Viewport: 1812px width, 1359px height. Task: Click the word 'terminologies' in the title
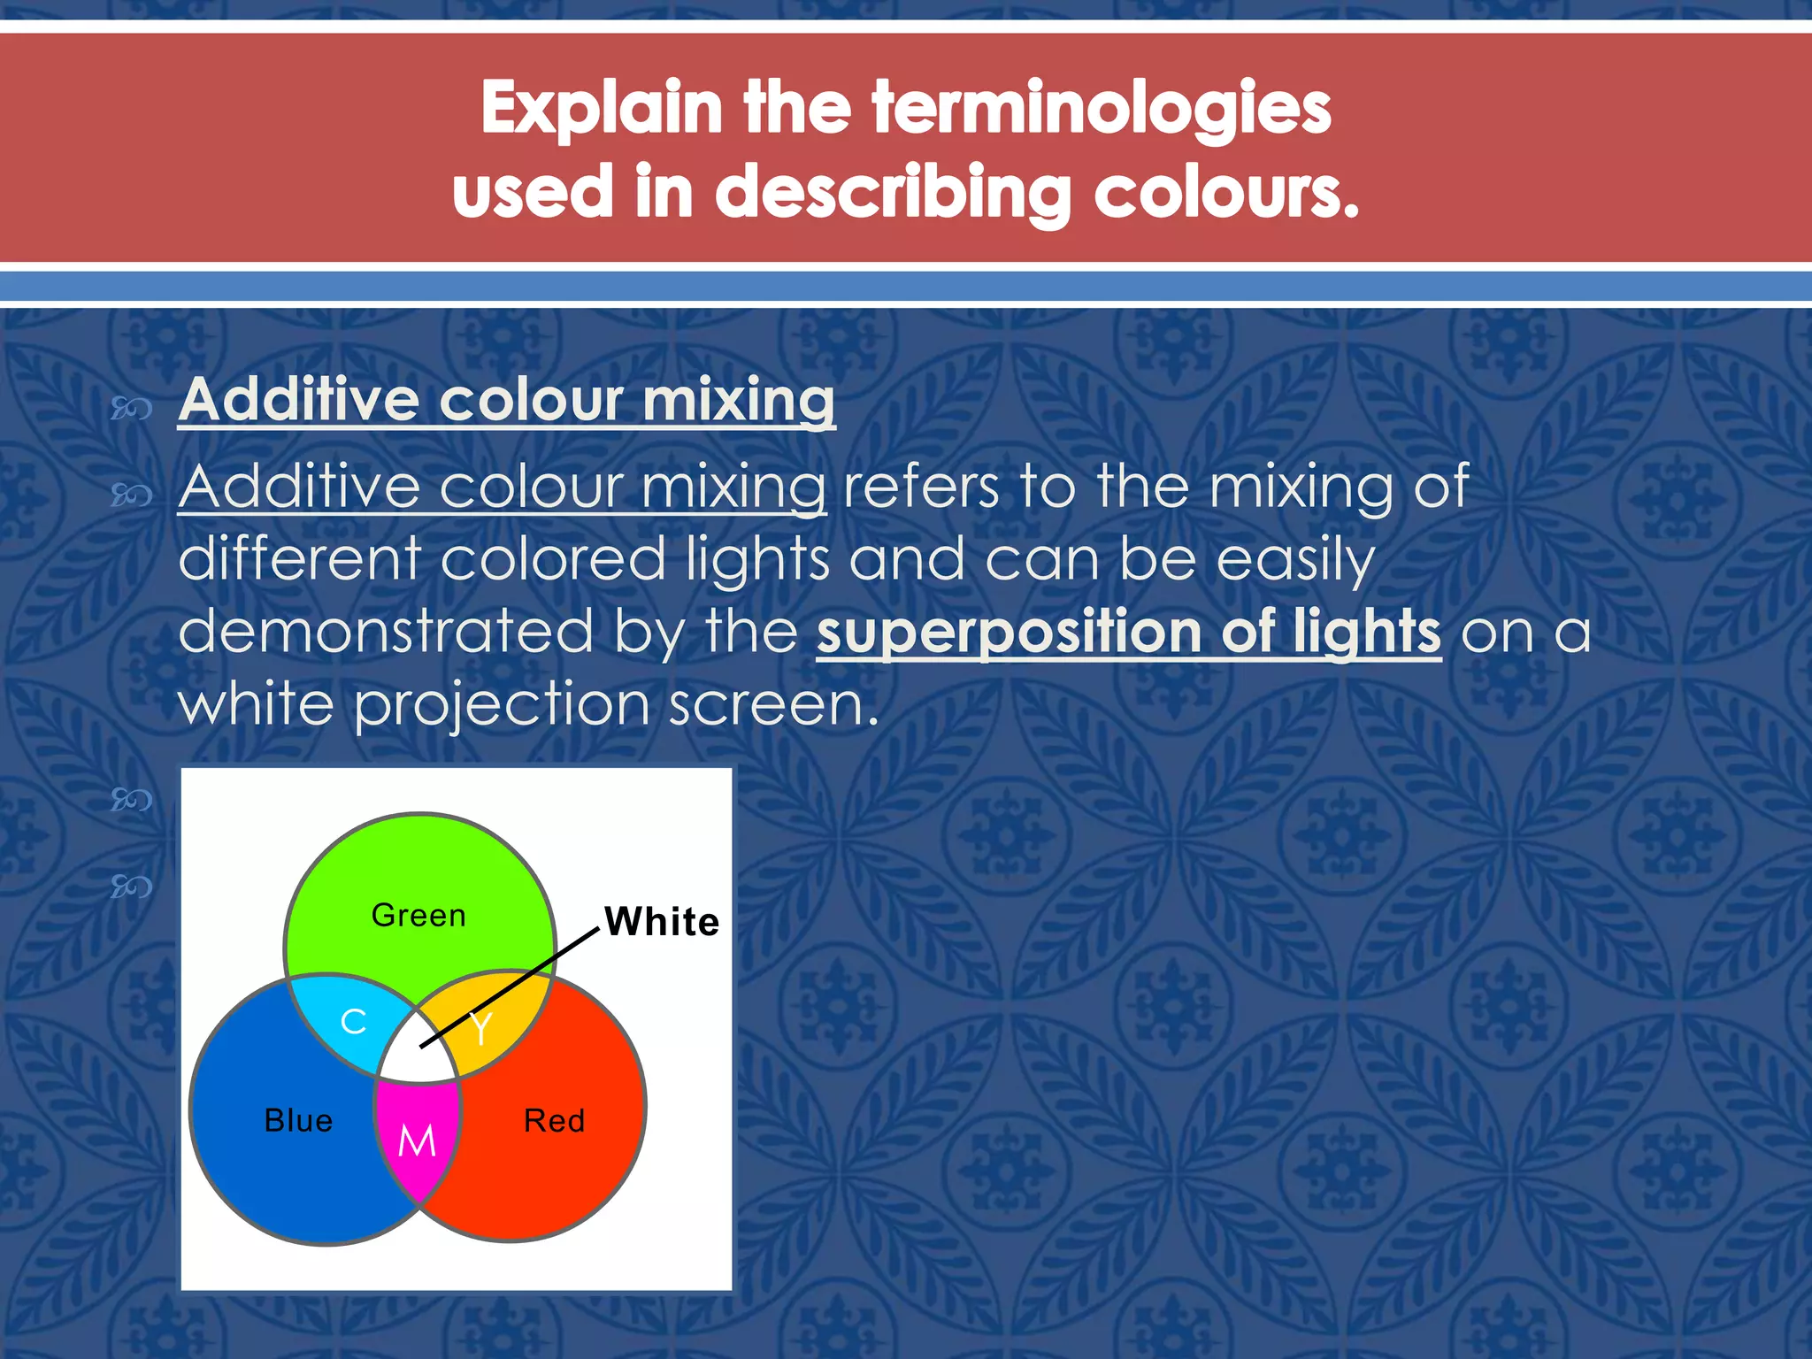tap(1101, 108)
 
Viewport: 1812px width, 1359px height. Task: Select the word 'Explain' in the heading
tap(602, 108)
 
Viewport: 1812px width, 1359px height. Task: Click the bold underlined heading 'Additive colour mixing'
tap(506, 400)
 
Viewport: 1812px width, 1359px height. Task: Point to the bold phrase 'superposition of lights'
tap(1128, 632)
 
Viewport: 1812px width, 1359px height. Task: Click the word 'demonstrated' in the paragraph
tap(385, 632)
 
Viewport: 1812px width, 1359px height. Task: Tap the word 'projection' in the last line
tap(502, 705)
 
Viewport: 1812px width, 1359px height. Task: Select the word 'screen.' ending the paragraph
tap(773, 705)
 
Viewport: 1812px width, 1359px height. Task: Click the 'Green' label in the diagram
tap(418, 916)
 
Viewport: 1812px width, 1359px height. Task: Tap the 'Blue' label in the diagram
tap(299, 1121)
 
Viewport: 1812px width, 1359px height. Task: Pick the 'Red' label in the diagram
tap(555, 1121)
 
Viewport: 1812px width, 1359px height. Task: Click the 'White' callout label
tap(662, 922)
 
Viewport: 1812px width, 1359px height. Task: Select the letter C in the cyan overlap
tap(354, 1022)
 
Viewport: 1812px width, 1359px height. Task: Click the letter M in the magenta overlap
tap(417, 1141)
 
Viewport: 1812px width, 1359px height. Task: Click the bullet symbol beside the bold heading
tap(131, 408)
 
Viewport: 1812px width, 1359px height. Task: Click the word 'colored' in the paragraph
tap(553, 560)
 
